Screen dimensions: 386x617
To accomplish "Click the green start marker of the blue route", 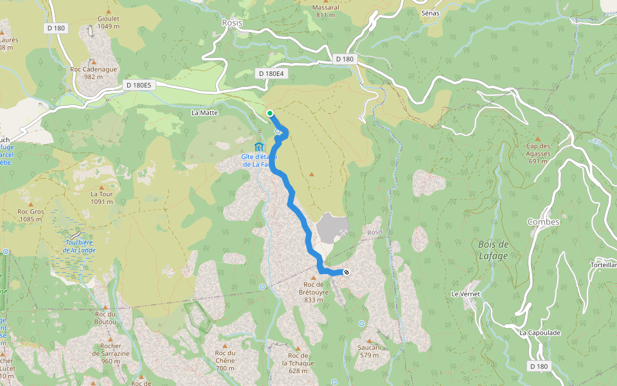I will tap(270, 114).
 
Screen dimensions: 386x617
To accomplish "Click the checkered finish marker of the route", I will tap(347, 272).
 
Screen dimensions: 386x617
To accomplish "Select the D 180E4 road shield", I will tap(271, 73).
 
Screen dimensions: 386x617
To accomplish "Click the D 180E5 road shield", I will tap(138, 85).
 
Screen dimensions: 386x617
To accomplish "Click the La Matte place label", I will tap(205, 113).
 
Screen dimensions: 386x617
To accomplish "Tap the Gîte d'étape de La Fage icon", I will tap(259, 146).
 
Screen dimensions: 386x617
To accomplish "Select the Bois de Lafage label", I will tap(494, 250).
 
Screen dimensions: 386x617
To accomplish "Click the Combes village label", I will tap(543, 222).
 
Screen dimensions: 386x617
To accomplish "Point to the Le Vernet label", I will tap(466, 293).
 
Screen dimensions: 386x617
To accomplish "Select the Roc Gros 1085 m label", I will tap(30, 215).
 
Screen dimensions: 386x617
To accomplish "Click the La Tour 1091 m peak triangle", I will tap(102, 186).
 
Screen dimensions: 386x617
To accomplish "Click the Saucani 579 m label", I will tap(370, 351).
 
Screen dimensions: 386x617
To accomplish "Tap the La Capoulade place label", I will tap(540, 333).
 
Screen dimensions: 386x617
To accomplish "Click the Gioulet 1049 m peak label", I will tap(109, 23).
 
